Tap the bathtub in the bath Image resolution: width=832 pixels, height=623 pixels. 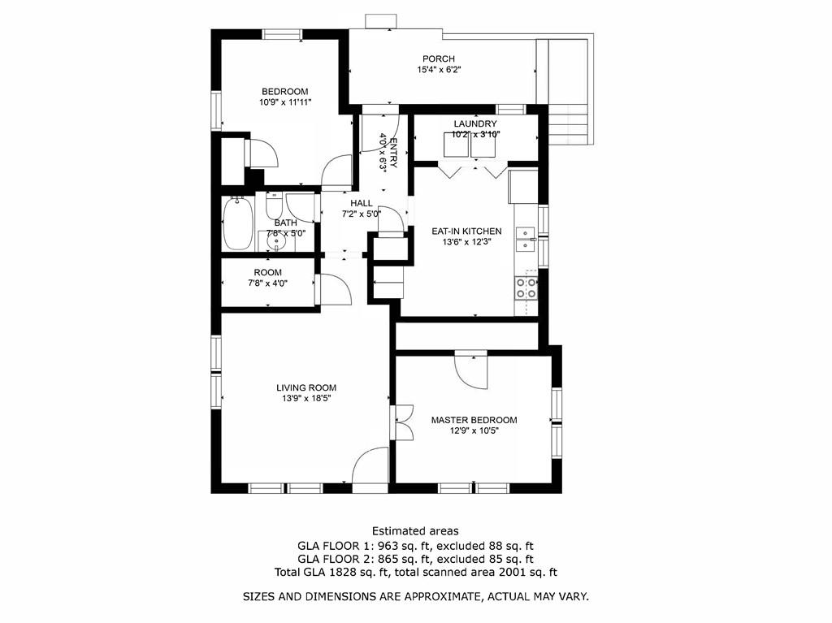coord(237,223)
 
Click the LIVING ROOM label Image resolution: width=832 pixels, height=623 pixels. coord(305,387)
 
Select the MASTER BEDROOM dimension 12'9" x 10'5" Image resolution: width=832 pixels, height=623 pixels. coord(474,431)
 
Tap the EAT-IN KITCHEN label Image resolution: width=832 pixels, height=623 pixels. coord(466,231)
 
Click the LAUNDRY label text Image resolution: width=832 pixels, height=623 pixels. coord(475,123)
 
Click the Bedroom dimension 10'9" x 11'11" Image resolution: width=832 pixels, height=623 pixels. coord(285,103)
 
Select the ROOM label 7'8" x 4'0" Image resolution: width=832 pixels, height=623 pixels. coord(267,273)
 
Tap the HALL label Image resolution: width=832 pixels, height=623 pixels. coord(362,203)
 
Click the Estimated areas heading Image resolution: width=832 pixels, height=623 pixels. coord(415,531)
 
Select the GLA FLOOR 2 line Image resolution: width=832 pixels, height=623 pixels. coord(415,559)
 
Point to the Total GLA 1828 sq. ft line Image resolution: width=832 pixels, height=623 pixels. coord(415,573)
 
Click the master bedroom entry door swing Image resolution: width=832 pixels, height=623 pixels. coord(470,370)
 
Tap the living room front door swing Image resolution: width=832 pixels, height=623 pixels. coord(370,466)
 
